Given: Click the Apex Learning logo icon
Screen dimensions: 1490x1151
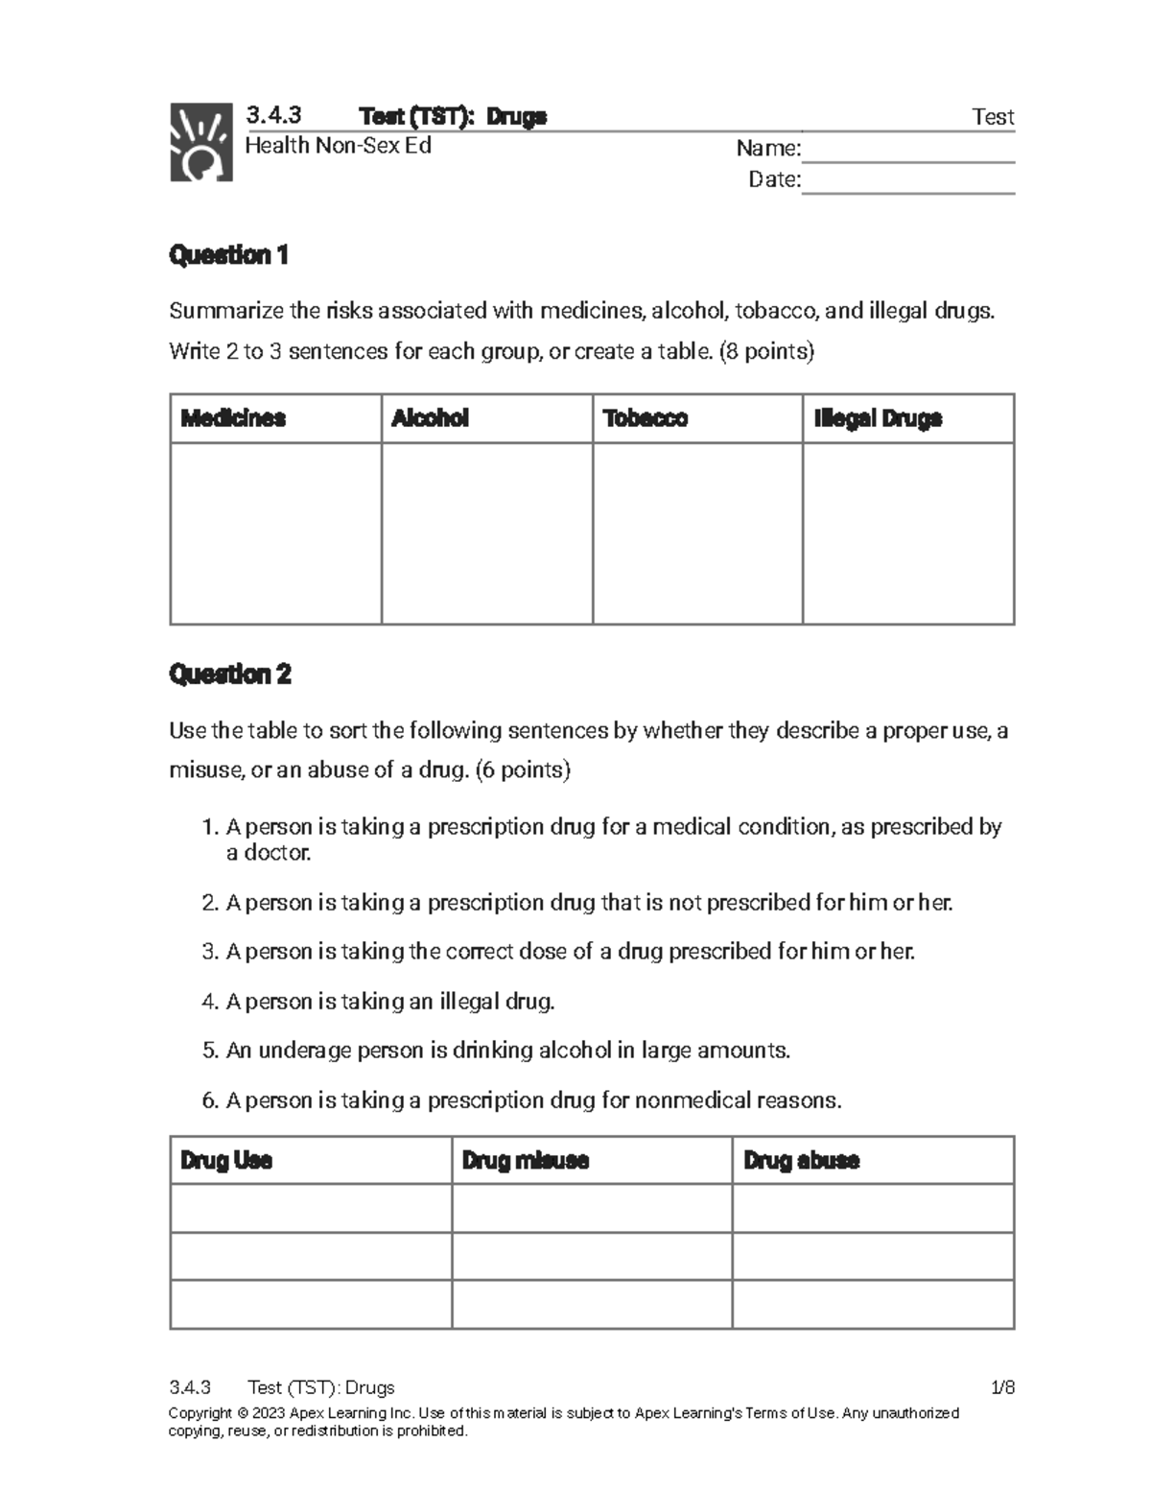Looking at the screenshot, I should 200,142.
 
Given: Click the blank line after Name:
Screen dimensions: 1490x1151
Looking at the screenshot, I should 907,151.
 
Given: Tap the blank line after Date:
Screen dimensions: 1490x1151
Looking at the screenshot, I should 907,182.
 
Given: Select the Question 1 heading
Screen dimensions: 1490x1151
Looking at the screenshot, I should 228,255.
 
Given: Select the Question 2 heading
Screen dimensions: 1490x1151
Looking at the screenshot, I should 229,674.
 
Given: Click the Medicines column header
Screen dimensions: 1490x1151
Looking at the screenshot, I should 233,418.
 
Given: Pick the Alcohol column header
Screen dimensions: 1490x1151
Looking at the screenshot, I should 430,418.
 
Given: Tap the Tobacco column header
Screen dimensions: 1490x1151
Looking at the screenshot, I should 645,418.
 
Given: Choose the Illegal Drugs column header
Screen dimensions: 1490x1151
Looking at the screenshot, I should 878,418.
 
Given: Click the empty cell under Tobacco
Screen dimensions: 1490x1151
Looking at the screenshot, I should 697,532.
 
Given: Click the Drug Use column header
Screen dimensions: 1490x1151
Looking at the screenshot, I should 226,1160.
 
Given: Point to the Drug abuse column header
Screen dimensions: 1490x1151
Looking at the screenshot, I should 801,1160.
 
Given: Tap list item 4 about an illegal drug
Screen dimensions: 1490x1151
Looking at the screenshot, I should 380,1002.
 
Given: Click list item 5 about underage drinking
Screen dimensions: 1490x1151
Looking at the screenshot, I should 497,1051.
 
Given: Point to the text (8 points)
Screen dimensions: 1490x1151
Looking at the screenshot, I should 764,351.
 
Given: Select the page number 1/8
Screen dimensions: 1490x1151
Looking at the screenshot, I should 1002,1387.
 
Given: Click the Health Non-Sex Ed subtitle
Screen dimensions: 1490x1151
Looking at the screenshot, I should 338,146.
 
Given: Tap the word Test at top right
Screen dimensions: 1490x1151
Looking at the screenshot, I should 993,117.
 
